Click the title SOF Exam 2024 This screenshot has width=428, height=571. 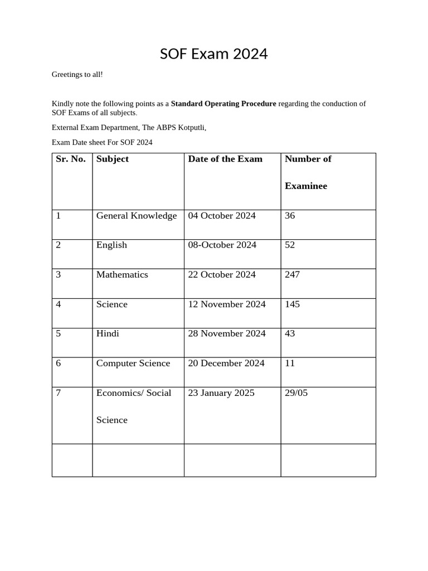click(213, 54)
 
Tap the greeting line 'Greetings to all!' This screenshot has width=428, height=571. click(77, 74)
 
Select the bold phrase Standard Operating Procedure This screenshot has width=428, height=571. click(223, 104)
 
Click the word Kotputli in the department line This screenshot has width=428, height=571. click(192, 128)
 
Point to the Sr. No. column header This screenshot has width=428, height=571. click(71, 159)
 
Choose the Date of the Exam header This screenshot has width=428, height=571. click(225, 159)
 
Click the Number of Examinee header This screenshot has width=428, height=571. click(308, 172)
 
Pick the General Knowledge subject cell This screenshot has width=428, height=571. click(137, 216)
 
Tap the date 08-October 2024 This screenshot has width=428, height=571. click(222, 245)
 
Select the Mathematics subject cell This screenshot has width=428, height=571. click(122, 274)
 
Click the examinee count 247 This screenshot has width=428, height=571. click(292, 274)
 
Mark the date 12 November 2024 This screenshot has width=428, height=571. click(227, 304)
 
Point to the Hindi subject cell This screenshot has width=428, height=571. click(108, 333)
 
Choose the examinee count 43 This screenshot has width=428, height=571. click(290, 333)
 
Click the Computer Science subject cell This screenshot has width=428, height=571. click(133, 363)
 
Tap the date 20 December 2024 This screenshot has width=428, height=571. click(226, 363)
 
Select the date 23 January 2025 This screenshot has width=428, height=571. click(221, 393)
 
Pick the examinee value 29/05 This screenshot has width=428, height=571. click(296, 393)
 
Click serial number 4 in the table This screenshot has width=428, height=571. click(59, 304)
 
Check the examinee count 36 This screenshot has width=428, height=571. click(290, 216)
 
